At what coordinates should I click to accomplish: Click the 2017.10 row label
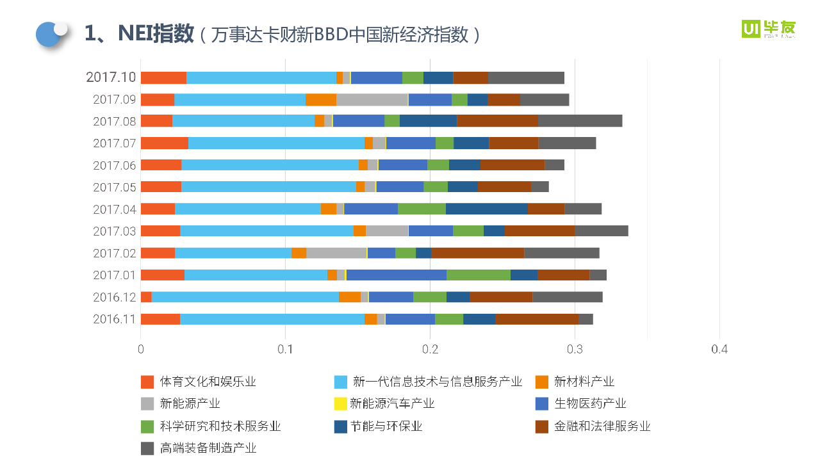click(111, 77)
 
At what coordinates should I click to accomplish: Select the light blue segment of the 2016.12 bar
click(245, 297)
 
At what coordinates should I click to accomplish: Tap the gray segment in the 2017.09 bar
click(372, 100)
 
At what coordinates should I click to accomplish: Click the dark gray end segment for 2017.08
click(580, 122)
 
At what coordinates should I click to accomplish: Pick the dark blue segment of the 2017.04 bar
click(486, 209)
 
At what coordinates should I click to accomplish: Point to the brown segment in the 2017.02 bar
click(477, 254)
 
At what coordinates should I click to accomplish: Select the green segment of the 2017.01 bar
click(478, 275)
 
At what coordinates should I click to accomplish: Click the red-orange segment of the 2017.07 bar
click(164, 143)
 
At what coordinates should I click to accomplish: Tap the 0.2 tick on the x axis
click(430, 350)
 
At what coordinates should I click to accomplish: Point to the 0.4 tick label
click(719, 350)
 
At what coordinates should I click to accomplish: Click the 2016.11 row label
click(114, 319)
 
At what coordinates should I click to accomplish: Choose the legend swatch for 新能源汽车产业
click(341, 404)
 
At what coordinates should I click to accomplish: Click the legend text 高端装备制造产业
click(208, 448)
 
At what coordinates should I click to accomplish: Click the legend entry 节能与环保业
click(386, 426)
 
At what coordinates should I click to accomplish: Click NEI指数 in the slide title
click(156, 34)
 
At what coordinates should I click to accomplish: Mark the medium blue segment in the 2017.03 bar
click(430, 231)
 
